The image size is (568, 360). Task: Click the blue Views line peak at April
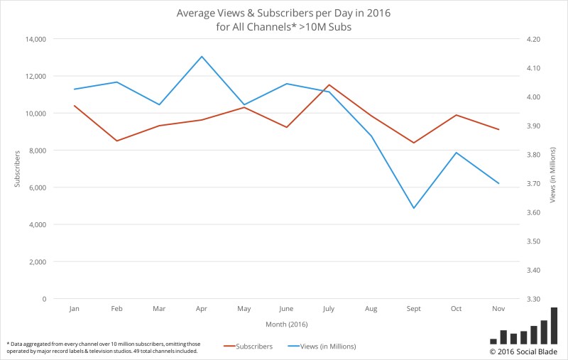click(x=202, y=56)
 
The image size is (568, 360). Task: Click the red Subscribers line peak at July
click(x=329, y=84)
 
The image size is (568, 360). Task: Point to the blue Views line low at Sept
click(x=413, y=208)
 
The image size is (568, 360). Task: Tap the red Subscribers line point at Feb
click(x=117, y=141)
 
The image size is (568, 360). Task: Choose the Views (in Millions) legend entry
click(x=322, y=347)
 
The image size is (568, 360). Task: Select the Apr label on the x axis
click(x=202, y=310)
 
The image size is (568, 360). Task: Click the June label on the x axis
click(x=286, y=310)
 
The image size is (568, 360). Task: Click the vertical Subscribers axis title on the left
click(x=17, y=169)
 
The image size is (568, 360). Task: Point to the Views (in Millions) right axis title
click(x=552, y=169)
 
